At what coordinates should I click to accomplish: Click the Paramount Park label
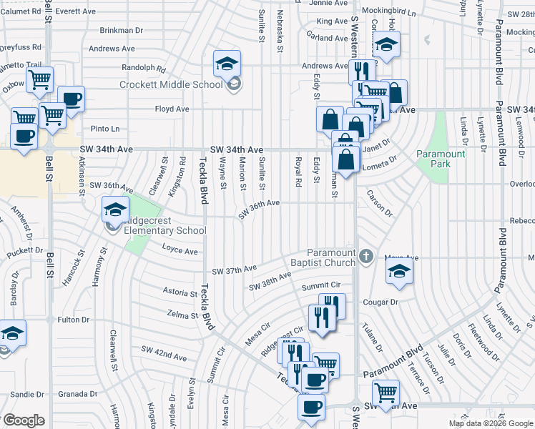pos(441,159)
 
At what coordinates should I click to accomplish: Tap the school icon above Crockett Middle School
pos(227,65)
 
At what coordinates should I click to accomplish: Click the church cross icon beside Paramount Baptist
pos(365,256)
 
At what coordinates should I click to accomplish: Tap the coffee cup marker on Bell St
pos(23,136)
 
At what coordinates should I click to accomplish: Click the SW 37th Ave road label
pos(234,270)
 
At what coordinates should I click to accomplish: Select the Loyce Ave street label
pos(180,252)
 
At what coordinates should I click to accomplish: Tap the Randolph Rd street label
pos(144,69)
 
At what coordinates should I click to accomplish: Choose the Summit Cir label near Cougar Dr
pos(319,286)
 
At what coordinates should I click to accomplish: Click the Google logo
pos(24,420)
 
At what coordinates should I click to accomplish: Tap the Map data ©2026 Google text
pos(490,423)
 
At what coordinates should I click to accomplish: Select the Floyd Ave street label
pos(172,109)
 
